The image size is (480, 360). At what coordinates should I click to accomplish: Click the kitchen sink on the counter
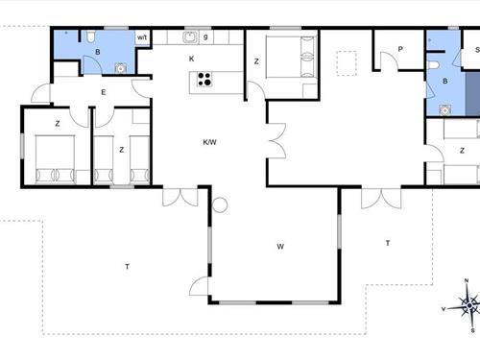(x=191, y=37)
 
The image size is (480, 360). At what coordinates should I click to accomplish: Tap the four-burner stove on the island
(x=204, y=79)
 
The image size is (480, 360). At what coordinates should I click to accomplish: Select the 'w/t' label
(x=142, y=37)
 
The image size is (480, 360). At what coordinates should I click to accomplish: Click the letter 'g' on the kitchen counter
(x=205, y=36)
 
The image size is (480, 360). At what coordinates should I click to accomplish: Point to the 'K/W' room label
(x=210, y=142)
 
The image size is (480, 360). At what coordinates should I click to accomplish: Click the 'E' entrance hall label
(x=104, y=92)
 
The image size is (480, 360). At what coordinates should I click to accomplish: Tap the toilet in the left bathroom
(x=90, y=36)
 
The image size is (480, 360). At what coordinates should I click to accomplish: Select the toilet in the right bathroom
(x=433, y=65)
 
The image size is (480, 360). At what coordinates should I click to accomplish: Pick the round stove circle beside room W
(x=220, y=204)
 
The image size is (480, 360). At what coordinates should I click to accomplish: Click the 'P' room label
(x=400, y=49)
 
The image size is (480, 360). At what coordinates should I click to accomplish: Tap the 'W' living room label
(x=280, y=247)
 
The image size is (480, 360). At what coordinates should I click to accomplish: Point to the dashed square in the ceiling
(x=347, y=63)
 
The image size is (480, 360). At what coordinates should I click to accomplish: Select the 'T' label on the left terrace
(x=128, y=267)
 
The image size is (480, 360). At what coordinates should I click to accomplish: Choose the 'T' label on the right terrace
(x=388, y=243)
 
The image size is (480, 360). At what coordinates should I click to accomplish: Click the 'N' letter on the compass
(x=467, y=280)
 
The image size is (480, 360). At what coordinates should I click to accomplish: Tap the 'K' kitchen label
(x=192, y=59)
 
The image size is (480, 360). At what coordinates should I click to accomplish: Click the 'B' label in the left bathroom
(x=98, y=52)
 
